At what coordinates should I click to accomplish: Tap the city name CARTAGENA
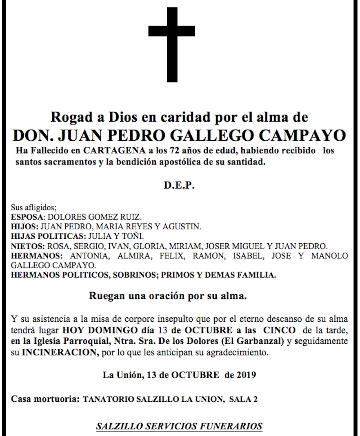click(x=105, y=150)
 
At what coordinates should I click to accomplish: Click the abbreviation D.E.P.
click(x=179, y=186)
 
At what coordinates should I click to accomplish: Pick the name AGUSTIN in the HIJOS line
click(x=184, y=227)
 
